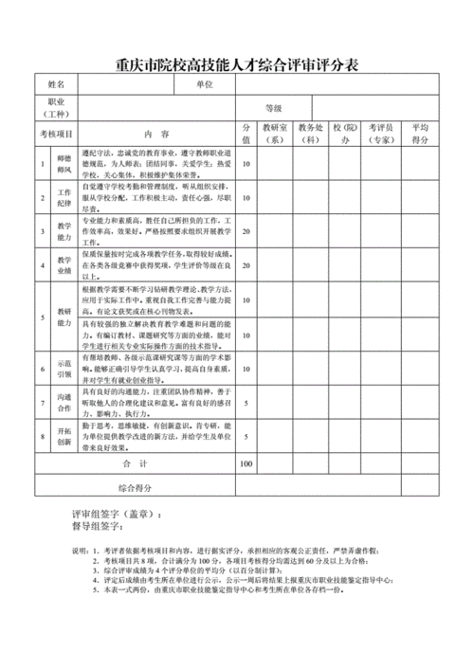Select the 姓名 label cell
(x=58, y=85)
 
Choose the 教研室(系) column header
(x=276, y=134)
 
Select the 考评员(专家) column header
(x=381, y=134)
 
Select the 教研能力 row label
(x=64, y=317)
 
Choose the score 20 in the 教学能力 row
(x=246, y=231)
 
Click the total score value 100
(x=246, y=464)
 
